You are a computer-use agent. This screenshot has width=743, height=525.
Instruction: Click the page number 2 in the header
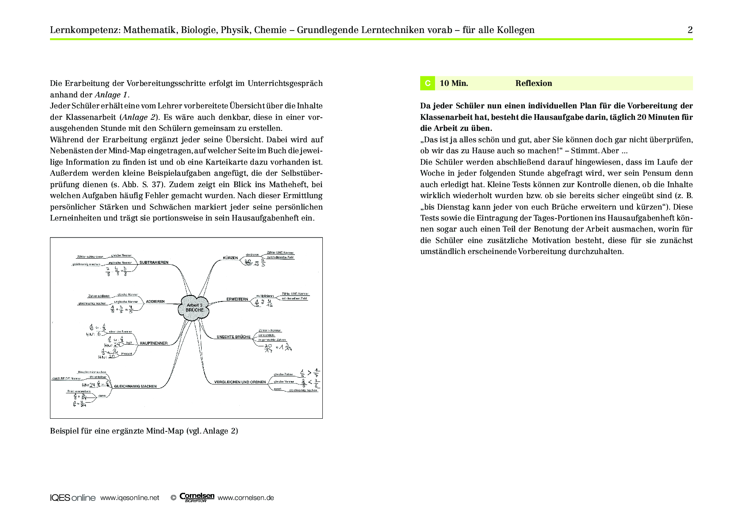[690, 30]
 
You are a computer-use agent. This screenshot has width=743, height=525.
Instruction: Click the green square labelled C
[427, 83]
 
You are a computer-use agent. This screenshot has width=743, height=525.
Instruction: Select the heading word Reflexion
[533, 83]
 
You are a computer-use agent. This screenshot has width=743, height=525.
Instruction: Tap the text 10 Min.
[454, 83]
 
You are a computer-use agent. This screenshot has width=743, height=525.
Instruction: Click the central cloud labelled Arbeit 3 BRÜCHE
[194, 307]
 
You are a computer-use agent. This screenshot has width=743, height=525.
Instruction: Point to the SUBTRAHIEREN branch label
[154, 262]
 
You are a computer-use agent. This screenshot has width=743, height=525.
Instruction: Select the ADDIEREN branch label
[155, 302]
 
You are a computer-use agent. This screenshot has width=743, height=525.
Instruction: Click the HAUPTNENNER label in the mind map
[153, 343]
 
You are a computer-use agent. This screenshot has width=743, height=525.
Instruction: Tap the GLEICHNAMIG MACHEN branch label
[136, 386]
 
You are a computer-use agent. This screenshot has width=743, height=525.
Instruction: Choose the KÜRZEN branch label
[230, 258]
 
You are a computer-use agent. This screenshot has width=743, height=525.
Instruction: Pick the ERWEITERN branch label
[237, 299]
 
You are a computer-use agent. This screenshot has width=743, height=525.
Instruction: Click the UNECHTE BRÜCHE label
[233, 337]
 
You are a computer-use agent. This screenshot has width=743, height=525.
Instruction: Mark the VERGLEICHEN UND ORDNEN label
[240, 382]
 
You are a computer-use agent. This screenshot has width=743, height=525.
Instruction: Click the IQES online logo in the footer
[73, 498]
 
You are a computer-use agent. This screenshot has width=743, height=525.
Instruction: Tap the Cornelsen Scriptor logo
[197, 497]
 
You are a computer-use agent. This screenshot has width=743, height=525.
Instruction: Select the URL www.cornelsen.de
[246, 498]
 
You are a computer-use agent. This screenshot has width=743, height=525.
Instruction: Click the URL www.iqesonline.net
[130, 498]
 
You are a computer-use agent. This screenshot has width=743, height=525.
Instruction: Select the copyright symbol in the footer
[173, 498]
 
